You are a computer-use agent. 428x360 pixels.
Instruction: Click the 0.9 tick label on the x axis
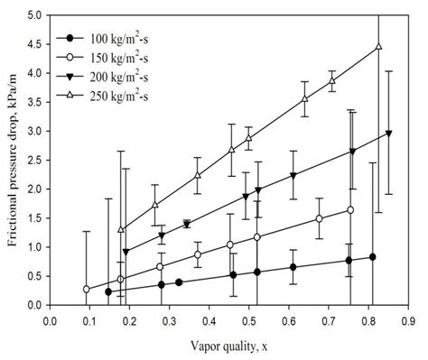(410, 318)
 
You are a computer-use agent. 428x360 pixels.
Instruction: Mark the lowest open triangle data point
(121, 229)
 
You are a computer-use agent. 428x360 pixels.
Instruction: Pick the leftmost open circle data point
(86, 289)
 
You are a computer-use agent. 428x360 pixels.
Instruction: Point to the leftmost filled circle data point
(108, 291)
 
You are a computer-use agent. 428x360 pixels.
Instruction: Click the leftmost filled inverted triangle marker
(126, 252)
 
